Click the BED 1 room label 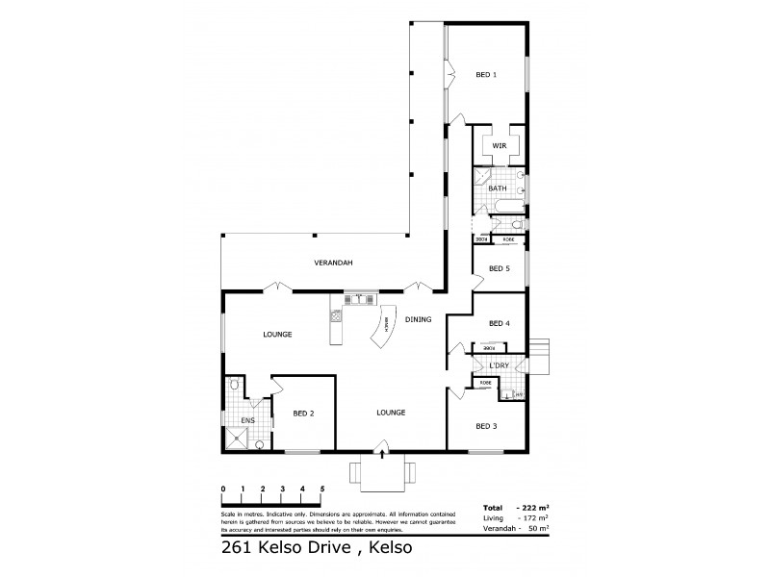[486, 75]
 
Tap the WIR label [499, 145]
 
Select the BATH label [497, 188]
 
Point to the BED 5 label [499, 268]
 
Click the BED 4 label [499, 323]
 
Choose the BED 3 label [486, 424]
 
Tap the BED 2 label [304, 413]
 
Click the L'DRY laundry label [499, 366]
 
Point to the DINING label [418, 319]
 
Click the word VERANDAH [330, 263]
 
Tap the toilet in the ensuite [233, 383]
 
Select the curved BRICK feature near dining [383, 331]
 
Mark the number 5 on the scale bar [322, 489]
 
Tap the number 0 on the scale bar [223, 489]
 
